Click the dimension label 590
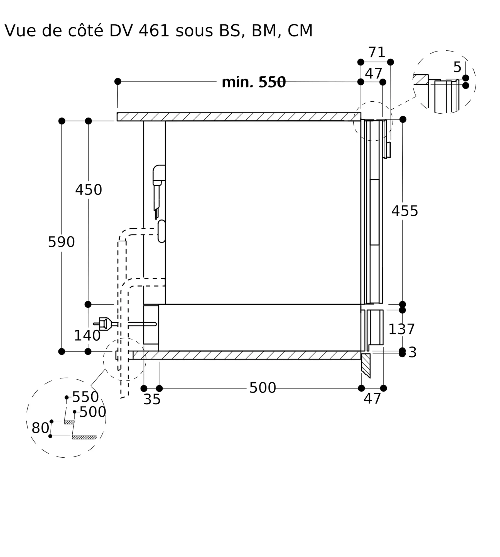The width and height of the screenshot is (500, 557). pyautogui.click(x=62, y=242)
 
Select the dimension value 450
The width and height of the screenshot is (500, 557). pyautogui.click(x=89, y=190)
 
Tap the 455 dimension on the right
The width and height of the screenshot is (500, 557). pyautogui.click(x=405, y=211)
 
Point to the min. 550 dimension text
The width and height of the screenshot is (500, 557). pyautogui.click(x=254, y=82)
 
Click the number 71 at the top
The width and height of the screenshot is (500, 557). pyautogui.click(x=377, y=52)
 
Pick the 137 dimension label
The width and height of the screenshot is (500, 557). pyautogui.click(x=401, y=329)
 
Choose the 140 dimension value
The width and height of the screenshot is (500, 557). pyautogui.click(x=87, y=336)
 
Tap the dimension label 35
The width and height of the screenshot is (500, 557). pyautogui.click(x=152, y=400)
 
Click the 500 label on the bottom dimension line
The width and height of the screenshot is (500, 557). pyautogui.click(x=263, y=388)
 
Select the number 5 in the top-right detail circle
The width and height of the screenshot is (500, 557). pyautogui.click(x=457, y=67)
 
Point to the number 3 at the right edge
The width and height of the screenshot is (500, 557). pyautogui.click(x=412, y=353)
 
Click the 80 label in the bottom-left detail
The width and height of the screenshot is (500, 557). pyautogui.click(x=40, y=428)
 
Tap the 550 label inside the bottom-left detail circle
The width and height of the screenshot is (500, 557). pyautogui.click(x=85, y=397)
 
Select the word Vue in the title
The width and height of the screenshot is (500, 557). pyautogui.click(x=20, y=31)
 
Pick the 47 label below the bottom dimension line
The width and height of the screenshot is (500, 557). pyautogui.click(x=372, y=399)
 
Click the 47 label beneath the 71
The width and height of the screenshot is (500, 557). pyautogui.click(x=373, y=74)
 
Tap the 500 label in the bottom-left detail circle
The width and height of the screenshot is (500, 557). pyautogui.click(x=93, y=412)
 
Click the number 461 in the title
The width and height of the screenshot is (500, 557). pyautogui.click(x=154, y=31)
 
